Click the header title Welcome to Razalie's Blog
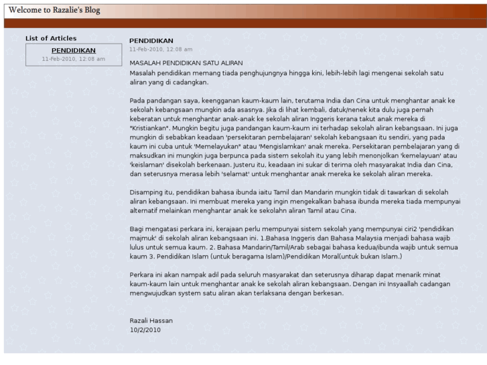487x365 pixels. tap(54, 9)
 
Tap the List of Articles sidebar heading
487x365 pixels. tap(51, 38)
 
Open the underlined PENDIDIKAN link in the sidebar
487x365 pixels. tap(74, 50)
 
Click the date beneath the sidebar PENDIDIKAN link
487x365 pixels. tap(74, 59)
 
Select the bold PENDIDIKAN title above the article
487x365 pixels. tap(151, 41)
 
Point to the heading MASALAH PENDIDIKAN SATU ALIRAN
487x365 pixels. tap(184, 62)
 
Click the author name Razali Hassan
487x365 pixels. tap(151, 321)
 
